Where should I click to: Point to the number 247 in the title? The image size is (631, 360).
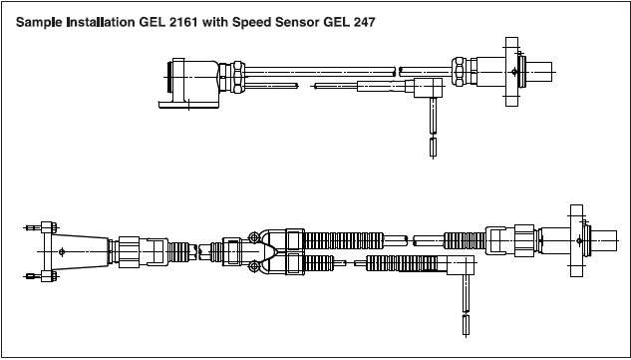click(x=365, y=22)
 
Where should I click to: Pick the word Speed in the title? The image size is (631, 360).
click(x=252, y=23)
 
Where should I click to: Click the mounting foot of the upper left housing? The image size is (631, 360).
click(x=188, y=105)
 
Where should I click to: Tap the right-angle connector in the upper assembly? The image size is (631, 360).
click(x=429, y=88)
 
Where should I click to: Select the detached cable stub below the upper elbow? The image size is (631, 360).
click(x=433, y=147)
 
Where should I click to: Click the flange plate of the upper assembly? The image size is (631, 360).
click(x=511, y=72)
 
